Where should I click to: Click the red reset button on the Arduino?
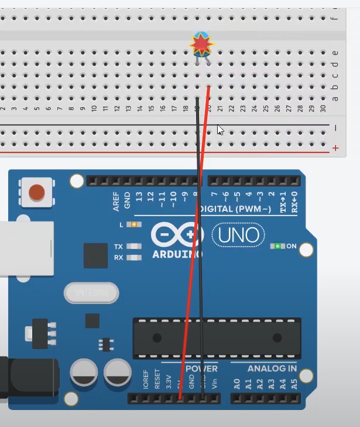pyautogui.click(x=37, y=192)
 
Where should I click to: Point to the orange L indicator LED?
pyautogui.click(x=134, y=224)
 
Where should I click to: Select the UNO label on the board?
pyautogui.click(x=238, y=235)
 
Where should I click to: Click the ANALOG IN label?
pyautogui.click(x=272, y=368)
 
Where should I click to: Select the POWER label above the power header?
pyautogui.click(x=201, y=368)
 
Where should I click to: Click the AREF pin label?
pyautogui.click(x=116, y=201)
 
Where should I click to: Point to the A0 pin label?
pyautogui.click(x=237, y=384)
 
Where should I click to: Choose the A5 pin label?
pyautogui.click(x=294, y=384)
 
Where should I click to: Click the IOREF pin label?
pyautogui.click(x=146, y=379)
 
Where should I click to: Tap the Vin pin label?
pyautogui.click(x=214, y=384)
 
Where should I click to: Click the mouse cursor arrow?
pyautogui.click(x=220, y=129)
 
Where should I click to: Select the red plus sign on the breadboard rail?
pyautogui.click(x=335, y=148)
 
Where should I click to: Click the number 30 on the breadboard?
pyautogui.click(x=323, y=108)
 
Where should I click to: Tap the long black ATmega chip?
pyautogui.click(x=217, y=338)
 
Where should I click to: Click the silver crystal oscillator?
pyautogui.click(x=91, y=293)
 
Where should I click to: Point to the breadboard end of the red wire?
pyautogui.click(x=208, y=88)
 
